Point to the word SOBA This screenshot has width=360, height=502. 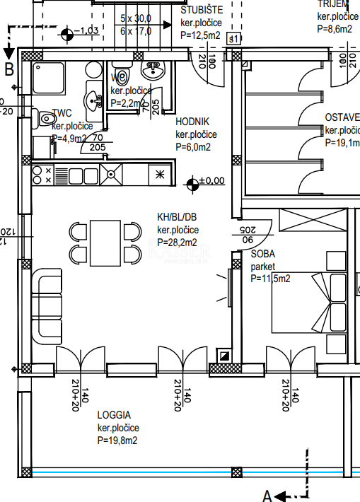coord(263,254)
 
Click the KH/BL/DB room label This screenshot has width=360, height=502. coord(178,218)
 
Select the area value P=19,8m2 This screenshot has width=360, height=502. coord(117,440)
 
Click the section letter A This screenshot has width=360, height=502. coord(267,496)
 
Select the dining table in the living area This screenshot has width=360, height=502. coord(105,243)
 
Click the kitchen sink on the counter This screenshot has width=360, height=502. coord(110,173)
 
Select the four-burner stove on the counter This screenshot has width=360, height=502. coord(42,175)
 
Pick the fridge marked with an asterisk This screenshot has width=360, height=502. coord(159,174)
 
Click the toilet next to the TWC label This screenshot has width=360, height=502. coord(45,119)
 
